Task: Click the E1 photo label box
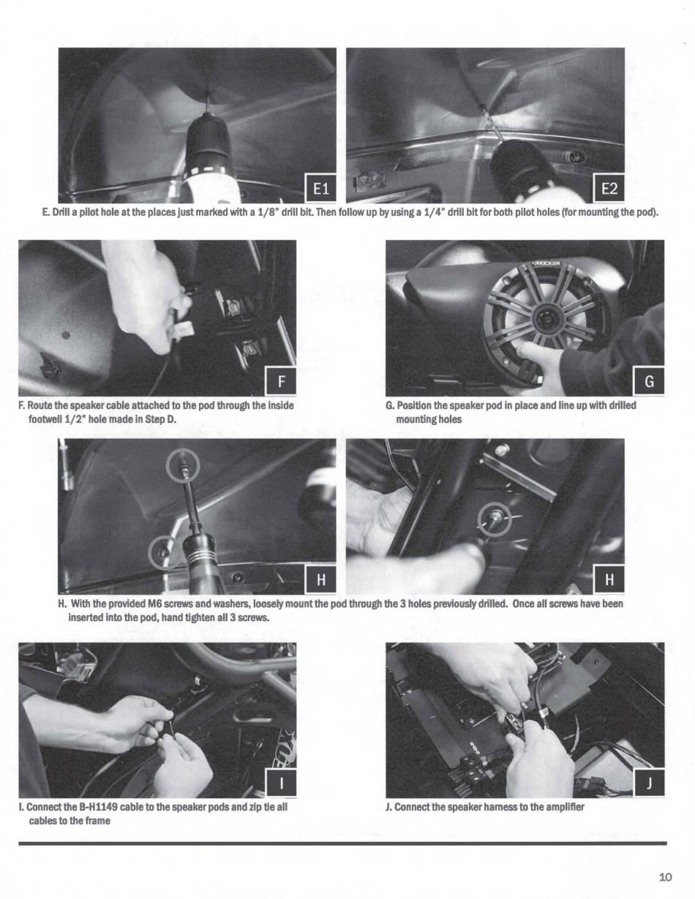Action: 320,189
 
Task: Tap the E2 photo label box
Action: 609,189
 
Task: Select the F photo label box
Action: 280,381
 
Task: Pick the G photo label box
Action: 649,381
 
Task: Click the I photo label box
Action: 280,783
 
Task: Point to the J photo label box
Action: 649,783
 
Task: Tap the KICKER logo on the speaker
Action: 547,263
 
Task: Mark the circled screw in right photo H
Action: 495,519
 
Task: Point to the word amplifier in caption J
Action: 565,807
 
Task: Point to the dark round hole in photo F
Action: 66,335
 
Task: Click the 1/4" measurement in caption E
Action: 425,213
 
